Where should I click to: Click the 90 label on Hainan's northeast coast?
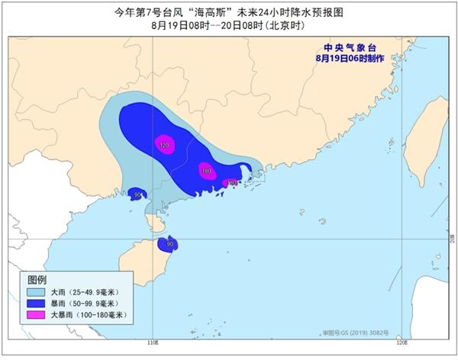(169, 244)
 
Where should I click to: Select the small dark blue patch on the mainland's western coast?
(137, 194)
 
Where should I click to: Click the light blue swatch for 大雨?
(36, 292)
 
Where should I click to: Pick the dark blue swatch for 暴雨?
(36, 304)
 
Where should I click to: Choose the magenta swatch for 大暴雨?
(36, 315)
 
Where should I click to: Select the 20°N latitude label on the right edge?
(452, 239)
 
